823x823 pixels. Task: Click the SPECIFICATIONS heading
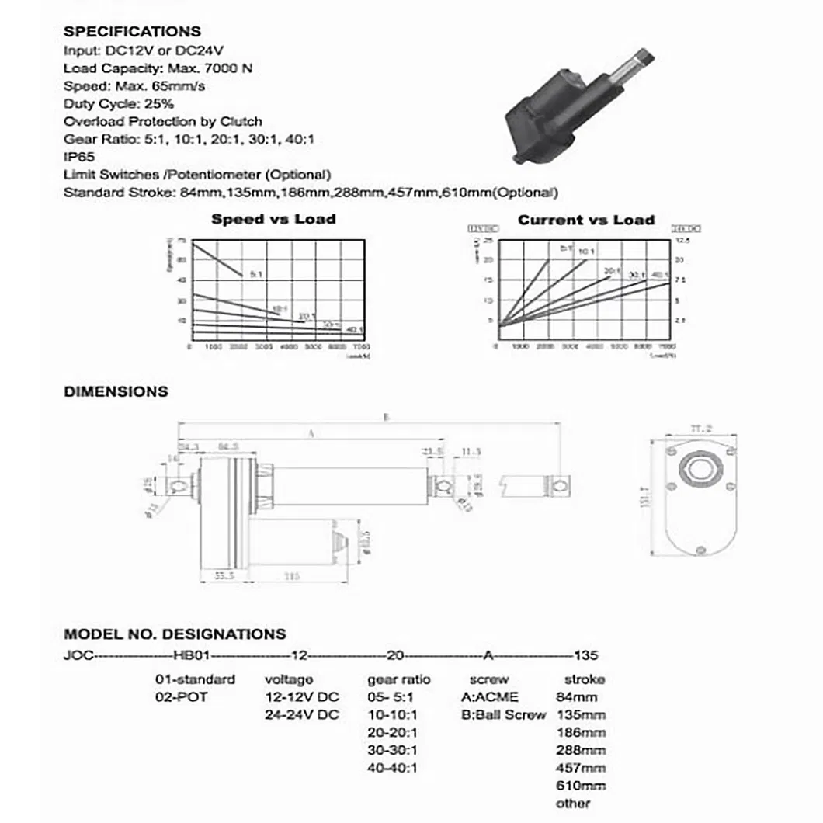click(x=132, y=32)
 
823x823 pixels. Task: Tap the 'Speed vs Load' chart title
click(x=273, y=220)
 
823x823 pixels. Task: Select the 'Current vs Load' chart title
click(x=586, y=220)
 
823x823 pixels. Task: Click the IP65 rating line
click(x=79, y=156)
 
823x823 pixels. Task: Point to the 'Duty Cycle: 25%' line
click(x=119, y=103)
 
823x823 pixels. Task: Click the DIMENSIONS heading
click(x=116, y=391)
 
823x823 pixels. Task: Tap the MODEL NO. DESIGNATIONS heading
click(x=175, y=634)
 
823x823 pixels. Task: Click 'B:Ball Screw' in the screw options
click(x=503, y=714)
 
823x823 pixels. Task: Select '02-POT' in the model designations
click(x=182, y=696)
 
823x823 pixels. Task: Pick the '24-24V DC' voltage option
click(x=302, y=714)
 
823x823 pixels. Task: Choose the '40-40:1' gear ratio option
click(x=392, y=768)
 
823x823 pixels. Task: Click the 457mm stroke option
click(x=581, y=768)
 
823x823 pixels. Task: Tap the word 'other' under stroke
click(x=573, y=804)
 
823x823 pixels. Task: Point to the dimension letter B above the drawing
click(x=386, y=418)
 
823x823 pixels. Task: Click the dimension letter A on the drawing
click(x=311, y=436)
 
